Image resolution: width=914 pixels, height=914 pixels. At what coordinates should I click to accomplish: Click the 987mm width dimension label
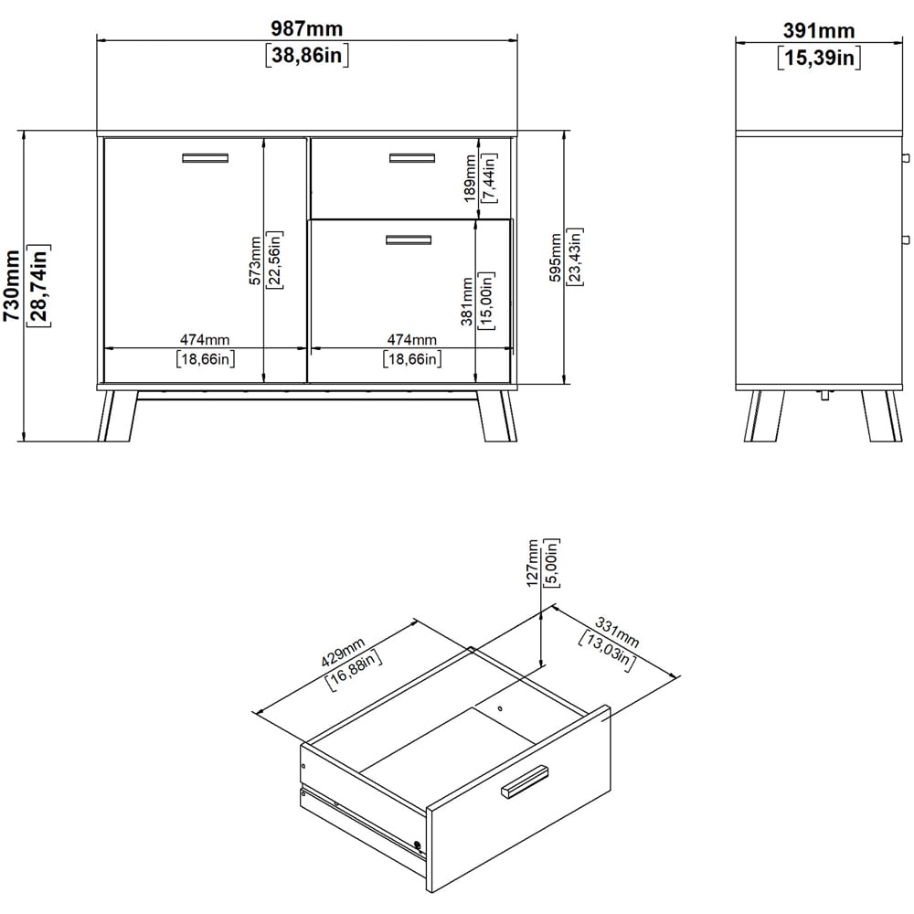(x=306, y=28)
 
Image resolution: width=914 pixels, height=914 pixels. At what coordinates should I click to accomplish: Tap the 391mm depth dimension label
(x=818, y=30)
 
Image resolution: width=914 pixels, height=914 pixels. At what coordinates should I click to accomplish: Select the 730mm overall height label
(x=12, y=285)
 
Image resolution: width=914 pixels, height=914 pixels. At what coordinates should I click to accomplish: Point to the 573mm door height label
(x=255, y=260)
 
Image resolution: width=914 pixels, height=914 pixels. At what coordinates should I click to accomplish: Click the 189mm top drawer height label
(x=470, y=178)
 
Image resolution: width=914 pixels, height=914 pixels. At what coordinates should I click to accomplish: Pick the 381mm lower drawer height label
(x=467, y=302)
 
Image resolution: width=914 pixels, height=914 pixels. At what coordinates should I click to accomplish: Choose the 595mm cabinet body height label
(x=556, y=257)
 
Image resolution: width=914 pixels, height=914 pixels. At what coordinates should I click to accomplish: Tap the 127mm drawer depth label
(x=532, y=563)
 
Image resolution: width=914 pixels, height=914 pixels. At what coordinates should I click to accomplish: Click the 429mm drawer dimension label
(x=344, y=653)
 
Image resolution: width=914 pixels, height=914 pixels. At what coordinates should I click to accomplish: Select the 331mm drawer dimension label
(x=617, y=632)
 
